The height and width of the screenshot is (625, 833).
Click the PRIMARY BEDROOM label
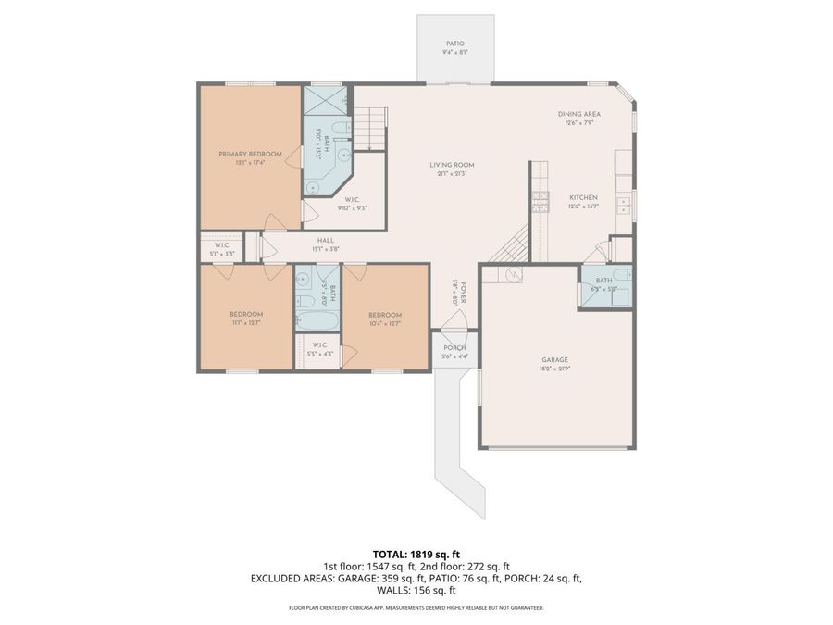coord(250,154)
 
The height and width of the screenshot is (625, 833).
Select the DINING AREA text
coord(579,114)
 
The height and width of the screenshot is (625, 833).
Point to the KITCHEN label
coord(583,197)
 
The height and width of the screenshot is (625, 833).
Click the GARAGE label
coord(555,360)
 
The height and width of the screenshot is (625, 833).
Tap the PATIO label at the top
coord(454,44)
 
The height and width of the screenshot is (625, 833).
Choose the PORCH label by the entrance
coord(454,348)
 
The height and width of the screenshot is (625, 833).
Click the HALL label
coord(326,240)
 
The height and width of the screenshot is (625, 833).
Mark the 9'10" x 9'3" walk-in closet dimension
coord(352,208)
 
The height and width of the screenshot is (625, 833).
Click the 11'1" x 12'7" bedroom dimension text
coord(247,323)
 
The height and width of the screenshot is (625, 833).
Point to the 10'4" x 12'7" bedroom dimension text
coord(384,323)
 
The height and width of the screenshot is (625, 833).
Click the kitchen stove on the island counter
coord(540,201)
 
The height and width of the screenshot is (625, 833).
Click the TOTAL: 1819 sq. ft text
coord(416,554)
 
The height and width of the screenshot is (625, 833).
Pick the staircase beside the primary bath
coord(371,128)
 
